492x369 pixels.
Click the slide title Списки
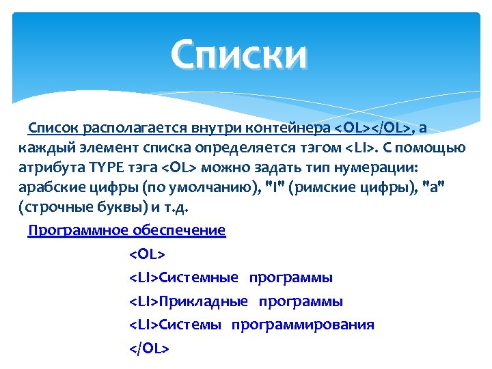coord(240,55)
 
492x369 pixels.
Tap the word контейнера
coord(296,128)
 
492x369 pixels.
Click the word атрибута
coord(46,167)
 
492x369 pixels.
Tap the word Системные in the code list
coord(199,278)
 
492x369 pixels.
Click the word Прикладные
coord(204,301)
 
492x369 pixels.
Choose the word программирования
coord(303,325)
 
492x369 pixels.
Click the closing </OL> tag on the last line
coord(149,348)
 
